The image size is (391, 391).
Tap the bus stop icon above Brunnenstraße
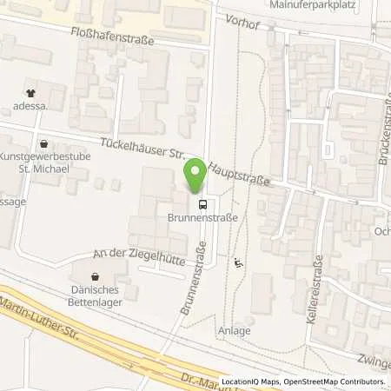(202, 206)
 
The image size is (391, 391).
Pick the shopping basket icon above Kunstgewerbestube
(43, 143)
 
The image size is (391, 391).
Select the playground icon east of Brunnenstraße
(239, 261)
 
